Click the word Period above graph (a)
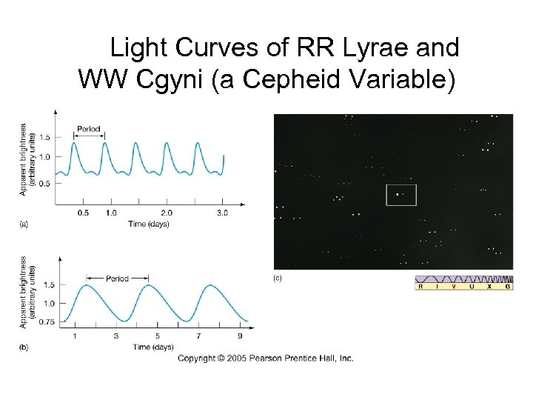pyautogui.click(x=89, y=129)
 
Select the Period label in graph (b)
pyautogui.click(x=117, y=279)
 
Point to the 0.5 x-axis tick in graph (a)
pyautogui.click(x=83, y=213)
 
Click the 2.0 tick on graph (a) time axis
pyautogui.click(x=167, y=213)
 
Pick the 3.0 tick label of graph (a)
pyautogui.click(x=222, y=213)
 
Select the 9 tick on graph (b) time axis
pyautogui.click(x=240, y=336)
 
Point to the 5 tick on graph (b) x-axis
pyautogui.click(x=157, y=336)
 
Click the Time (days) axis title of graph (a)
pyautogui.click(x=148, y=224)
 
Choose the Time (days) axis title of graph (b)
pyautogui.click(x=153, y=347)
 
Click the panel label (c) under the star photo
pyautogui.click(x=277, y=278)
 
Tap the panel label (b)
pyautogui.click(x=23, y=347)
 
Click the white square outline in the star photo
pyautogui.click(x=401, y=195)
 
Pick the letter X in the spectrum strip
pyautogui.click(x=492, y=286)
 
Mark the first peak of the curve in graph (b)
pyautogui.click(x=89, y=285)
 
